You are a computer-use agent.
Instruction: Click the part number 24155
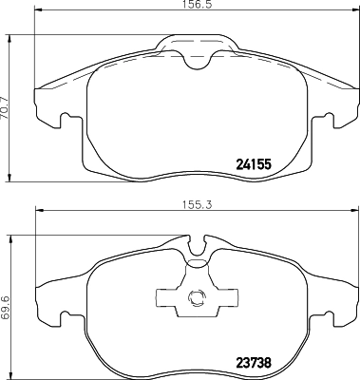(x=254, y=163)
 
